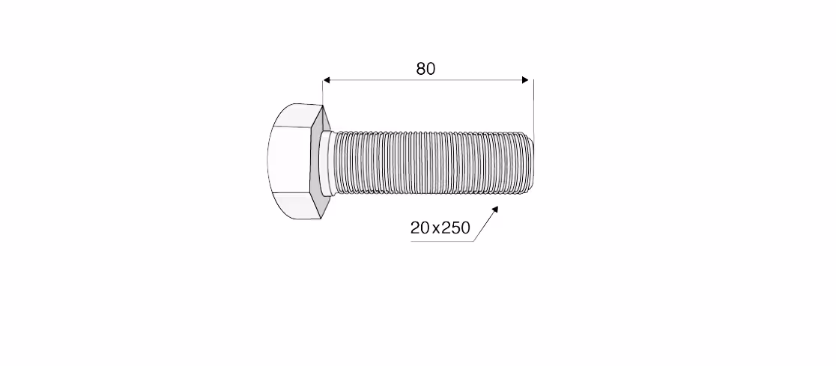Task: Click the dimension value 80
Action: point(425,69)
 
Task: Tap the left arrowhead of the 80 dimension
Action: point(327,80)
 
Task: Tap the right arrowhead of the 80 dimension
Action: point(525,80)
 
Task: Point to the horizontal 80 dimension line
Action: point(426,80)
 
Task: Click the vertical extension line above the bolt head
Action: point(323,91)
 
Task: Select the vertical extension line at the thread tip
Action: point(533,106)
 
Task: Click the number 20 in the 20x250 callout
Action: point(419,228)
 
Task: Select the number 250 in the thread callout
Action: point(456,228)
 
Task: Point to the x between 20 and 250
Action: point(435,230)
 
